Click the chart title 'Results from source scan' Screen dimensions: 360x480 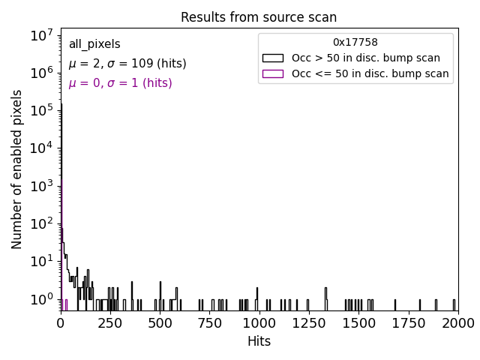tap(259, 17)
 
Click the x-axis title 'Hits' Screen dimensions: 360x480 tap(259, 341)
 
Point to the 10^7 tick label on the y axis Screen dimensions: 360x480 tap(39, 34)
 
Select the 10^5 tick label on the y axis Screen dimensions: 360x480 tap(39, 110)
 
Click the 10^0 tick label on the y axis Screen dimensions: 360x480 tap(39, 299)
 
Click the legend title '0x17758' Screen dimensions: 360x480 tap(355, 43)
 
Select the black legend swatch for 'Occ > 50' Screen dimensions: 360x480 tap(273, 58)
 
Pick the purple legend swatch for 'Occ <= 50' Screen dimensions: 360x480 tap(273, 73)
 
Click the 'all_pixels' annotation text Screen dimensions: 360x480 tap(94, 44)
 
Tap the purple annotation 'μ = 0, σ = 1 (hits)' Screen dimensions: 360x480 tap(120, 83)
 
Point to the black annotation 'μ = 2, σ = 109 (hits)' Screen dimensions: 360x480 tap(127, 64)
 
